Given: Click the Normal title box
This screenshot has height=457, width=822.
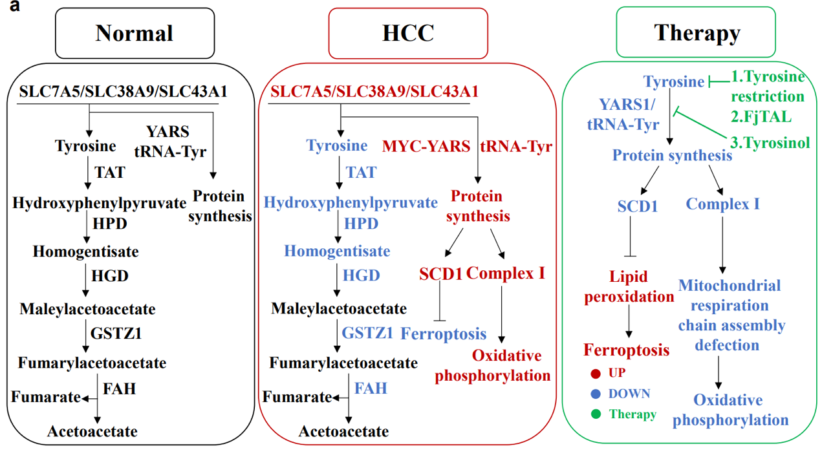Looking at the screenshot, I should [134, 32].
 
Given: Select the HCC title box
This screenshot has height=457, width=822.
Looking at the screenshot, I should [407, 32].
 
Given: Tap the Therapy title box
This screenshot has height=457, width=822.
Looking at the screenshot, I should [696, 32].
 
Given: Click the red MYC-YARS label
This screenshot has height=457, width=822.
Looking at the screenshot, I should [427, 147].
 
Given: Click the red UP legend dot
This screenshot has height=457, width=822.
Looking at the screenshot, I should [596, 373].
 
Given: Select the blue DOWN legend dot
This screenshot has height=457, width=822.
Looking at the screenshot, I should [596, 394].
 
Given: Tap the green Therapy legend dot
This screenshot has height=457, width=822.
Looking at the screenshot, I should [596, 414].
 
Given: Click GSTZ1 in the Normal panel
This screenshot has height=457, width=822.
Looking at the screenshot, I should [116, 334].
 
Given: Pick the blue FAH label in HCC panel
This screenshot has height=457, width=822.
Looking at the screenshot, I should [371, 388].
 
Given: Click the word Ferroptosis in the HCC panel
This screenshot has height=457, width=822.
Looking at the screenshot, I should [443, 334].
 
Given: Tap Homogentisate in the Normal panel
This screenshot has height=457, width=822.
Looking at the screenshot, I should [86, 251].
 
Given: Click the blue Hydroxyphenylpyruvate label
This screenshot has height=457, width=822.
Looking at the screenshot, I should [351, 202].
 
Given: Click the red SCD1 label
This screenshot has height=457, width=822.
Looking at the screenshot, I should [440, 274].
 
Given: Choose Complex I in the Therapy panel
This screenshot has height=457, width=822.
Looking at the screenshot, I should [722, 204].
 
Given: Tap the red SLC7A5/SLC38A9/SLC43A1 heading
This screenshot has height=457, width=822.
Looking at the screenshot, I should [374, 92].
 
